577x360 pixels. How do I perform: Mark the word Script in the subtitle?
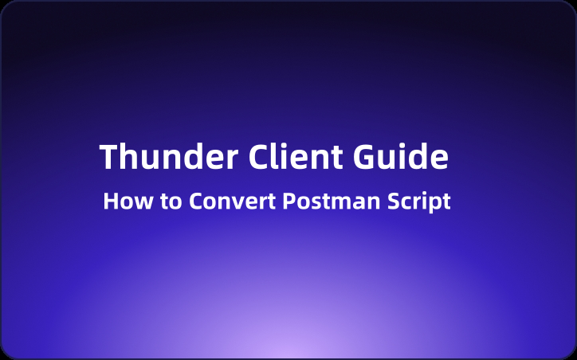tap(420, 202)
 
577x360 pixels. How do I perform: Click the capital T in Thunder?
tap(109, 157)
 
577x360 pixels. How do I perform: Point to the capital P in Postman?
tap(289, 201)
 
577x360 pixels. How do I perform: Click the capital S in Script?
tap(395, 201)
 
